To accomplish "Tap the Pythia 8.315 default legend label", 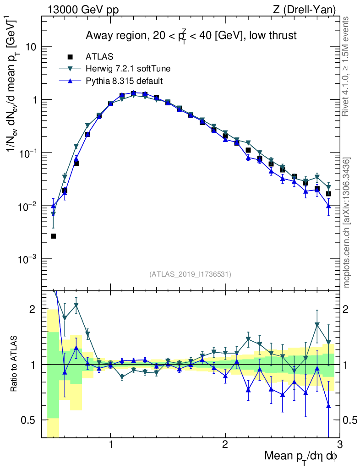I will (x=124, y=81).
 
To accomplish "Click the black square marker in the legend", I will (x=70, y=57).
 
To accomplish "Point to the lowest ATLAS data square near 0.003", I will (x=53, y=236).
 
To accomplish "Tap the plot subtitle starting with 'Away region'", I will (x=191, y=35).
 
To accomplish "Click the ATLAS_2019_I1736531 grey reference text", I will (x=190, y=274).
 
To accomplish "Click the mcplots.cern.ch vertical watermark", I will (x=347, y=222).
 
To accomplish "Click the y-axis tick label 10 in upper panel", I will (x=31, y=47).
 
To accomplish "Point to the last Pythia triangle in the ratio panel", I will (x=328, y=406).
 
